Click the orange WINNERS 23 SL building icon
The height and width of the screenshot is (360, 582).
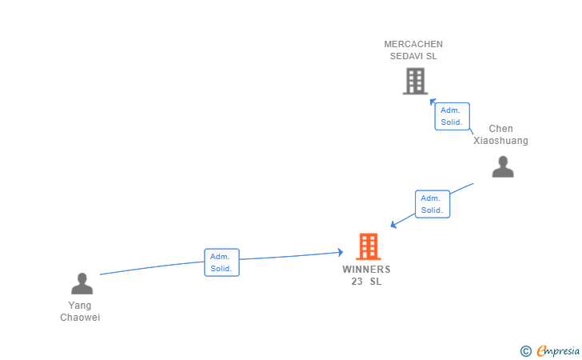pos(369,246)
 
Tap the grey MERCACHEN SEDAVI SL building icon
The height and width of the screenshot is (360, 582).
pos(416,81)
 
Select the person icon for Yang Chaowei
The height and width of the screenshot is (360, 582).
pos(82,283)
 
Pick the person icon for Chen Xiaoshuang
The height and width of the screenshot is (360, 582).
pos(503,167)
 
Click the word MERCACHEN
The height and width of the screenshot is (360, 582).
pos(413,44)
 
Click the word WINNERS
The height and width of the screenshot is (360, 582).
pos(366,270)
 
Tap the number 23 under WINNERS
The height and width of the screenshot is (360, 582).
pos(357,282)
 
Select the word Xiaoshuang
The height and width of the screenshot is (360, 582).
pos(500,141)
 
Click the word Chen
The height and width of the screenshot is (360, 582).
pos(500,129)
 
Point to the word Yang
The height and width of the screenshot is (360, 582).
pos(79,306)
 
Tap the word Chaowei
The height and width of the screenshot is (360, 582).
pos(80,318)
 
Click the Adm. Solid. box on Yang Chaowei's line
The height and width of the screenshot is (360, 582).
pos(221,262)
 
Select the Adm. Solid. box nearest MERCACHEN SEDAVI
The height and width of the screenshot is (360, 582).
pos(452,116)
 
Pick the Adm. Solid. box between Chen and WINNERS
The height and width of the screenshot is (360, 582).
pos(433,204)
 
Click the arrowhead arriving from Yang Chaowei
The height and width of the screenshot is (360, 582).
pos(341,252)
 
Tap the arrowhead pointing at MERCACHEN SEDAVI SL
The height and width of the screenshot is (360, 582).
pos(433,102)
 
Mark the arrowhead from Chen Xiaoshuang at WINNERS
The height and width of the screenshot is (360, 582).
pos(393,224)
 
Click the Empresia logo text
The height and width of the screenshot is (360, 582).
pos(558,350)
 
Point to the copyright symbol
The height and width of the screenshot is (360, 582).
pos(525,351)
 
